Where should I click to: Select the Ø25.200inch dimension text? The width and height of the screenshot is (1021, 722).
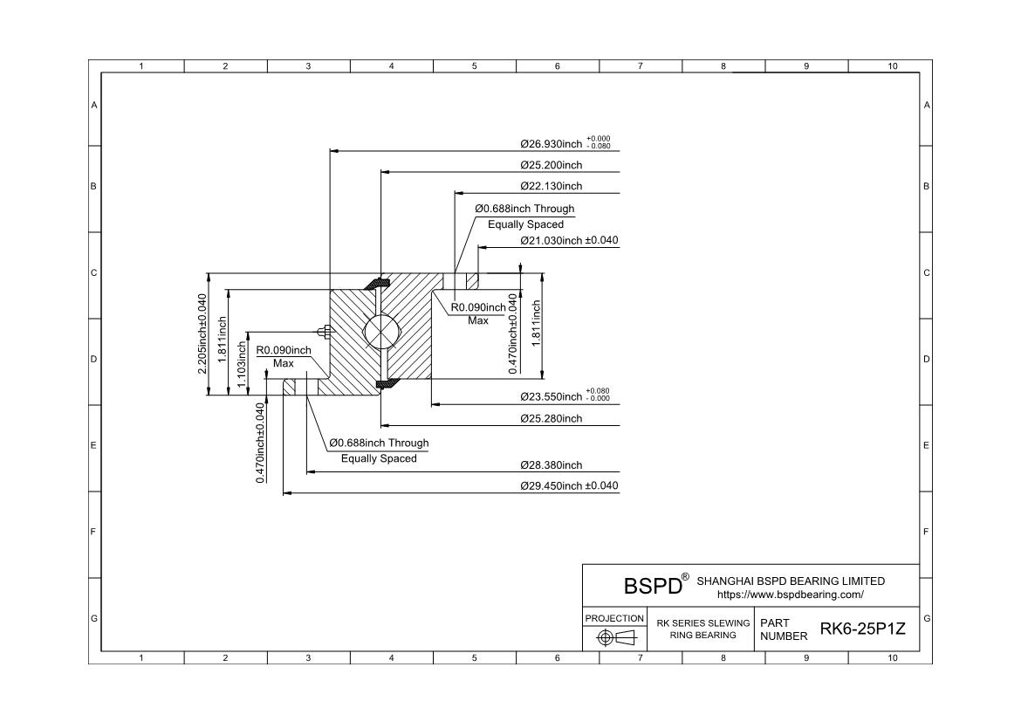[551, 165]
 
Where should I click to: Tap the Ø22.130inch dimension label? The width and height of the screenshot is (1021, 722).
[551, 186]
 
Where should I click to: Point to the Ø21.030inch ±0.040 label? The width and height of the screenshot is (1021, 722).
[569, 240]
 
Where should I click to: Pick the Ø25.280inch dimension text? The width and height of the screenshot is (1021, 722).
[551, 418]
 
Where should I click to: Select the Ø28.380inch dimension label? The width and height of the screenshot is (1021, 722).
[551, 465]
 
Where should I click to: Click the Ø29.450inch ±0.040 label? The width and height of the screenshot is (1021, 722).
[569, 485]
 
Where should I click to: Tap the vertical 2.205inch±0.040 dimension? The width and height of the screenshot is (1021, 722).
[202, 333]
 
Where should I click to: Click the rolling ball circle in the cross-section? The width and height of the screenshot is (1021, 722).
[380, 333]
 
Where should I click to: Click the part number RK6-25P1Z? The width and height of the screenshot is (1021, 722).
[857, 629]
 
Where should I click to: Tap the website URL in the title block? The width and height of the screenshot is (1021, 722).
[791, 595]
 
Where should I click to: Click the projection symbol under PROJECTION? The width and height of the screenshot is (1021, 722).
[614, 638]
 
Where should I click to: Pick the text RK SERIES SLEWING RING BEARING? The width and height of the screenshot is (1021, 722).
[703, 629]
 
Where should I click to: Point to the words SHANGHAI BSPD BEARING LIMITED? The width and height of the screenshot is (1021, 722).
[791, 581]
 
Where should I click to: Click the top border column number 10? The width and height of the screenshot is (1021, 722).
[892, 66]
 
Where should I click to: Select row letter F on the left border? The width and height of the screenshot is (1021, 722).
[94, 532]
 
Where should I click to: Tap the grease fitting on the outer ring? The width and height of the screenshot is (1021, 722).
[323, 331]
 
